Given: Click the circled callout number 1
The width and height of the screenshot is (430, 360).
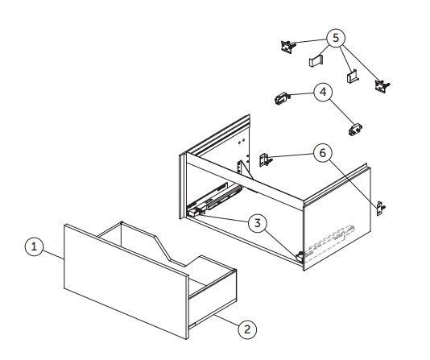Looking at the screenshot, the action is click(x=34, y=246).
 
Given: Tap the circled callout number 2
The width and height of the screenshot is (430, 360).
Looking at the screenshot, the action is click(x=247, y=329).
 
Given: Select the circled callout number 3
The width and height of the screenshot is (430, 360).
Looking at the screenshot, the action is click(x=257, y=223).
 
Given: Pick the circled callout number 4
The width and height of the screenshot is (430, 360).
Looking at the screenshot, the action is click(x=323, y=92).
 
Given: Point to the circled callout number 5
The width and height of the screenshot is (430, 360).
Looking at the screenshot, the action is click(x=336, y=38).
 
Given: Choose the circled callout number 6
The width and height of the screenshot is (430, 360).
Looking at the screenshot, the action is click(x=322, y=153).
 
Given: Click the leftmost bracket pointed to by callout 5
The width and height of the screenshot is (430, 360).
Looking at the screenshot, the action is click(x=288, y=47).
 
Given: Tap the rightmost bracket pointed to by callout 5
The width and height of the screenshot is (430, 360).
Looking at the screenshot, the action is click(x=382, y=86).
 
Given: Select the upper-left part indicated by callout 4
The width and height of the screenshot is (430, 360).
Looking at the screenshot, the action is click(x=282, y=98).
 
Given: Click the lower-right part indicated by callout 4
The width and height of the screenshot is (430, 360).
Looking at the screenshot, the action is click(x=355, y=130).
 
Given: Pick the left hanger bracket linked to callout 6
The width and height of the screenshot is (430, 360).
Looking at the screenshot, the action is click(x=265, y=159).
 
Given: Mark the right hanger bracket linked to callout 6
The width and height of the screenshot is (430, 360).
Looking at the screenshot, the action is click(x=381, y=208).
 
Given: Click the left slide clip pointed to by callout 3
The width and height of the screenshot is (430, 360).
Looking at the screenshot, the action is click(x=194, y=212).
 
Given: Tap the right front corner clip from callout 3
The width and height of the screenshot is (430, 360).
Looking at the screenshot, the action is click(x=300, y=257).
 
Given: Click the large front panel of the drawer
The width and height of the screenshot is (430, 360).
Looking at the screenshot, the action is click(x=126, y=282).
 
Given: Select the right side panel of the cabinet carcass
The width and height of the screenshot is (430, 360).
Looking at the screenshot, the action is click(x=337, y=219).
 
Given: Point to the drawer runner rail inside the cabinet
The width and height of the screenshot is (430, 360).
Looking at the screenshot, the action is click(x=217, y=197).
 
